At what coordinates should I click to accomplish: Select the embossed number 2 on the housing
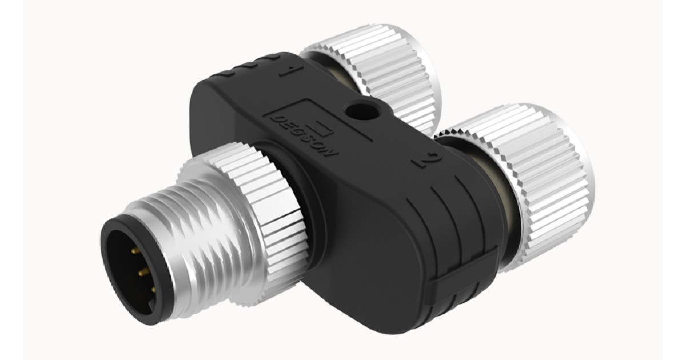tap(424, 161)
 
